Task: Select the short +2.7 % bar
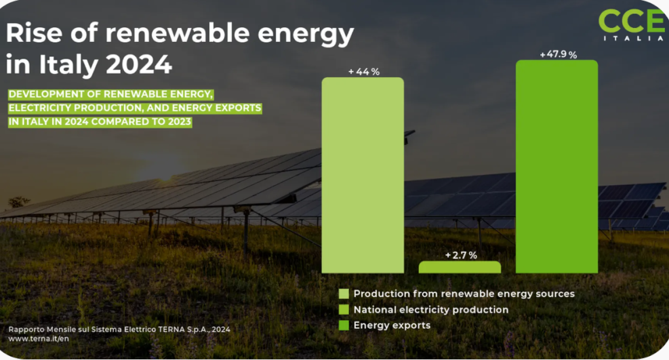[460, 267]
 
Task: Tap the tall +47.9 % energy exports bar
[556, 167]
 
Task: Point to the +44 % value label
[363, 72]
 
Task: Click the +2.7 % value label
[461, 256]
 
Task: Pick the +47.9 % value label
[558, 55]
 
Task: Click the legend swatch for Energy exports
[344, 325]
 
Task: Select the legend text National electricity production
[430, 310]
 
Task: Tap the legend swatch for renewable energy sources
[344, 294]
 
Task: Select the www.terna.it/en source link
[39, 338]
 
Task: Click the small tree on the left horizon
[19, 201]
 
